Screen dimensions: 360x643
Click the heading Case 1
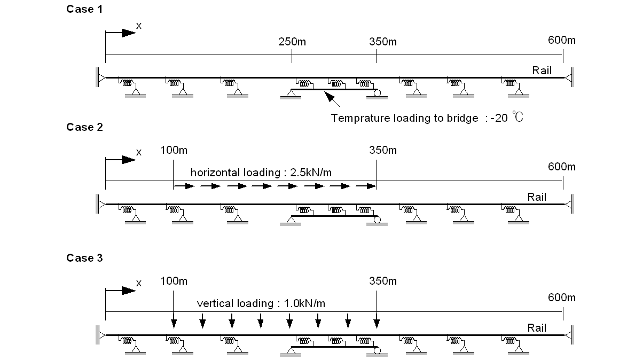pos(84,9)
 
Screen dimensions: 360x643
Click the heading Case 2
pos(84,127)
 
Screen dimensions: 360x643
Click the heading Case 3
pos(84,258)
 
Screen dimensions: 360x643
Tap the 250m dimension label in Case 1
pos(292,42)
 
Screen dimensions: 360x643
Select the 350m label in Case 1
pos(383,42)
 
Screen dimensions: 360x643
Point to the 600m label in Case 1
pos(562,40)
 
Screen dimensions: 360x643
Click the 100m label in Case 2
pos(174,150)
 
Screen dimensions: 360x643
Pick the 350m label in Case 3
pos(383,281)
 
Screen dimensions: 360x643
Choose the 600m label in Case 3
pos(562,298)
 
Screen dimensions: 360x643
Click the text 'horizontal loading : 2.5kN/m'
pos(264,173)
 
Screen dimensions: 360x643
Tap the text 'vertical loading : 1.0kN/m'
pos(261,303)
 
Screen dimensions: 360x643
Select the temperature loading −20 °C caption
pos(427,118)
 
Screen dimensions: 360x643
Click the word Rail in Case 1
pos(542,71)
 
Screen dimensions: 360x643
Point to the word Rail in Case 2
pos(537,197)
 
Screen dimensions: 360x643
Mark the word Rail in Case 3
pos(537,328)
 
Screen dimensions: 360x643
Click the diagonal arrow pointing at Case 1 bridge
pos(332,99)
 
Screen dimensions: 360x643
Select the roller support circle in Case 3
pos(378,351)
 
